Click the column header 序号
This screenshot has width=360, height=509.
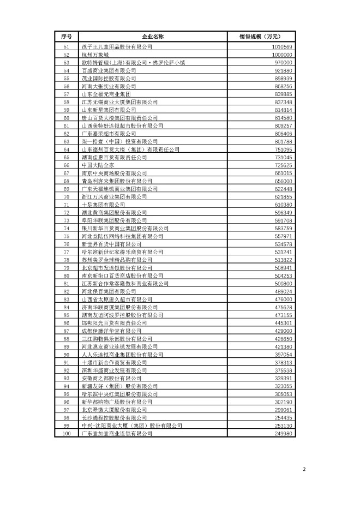click(67, 37)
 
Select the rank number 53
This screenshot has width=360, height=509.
click(67, 63)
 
